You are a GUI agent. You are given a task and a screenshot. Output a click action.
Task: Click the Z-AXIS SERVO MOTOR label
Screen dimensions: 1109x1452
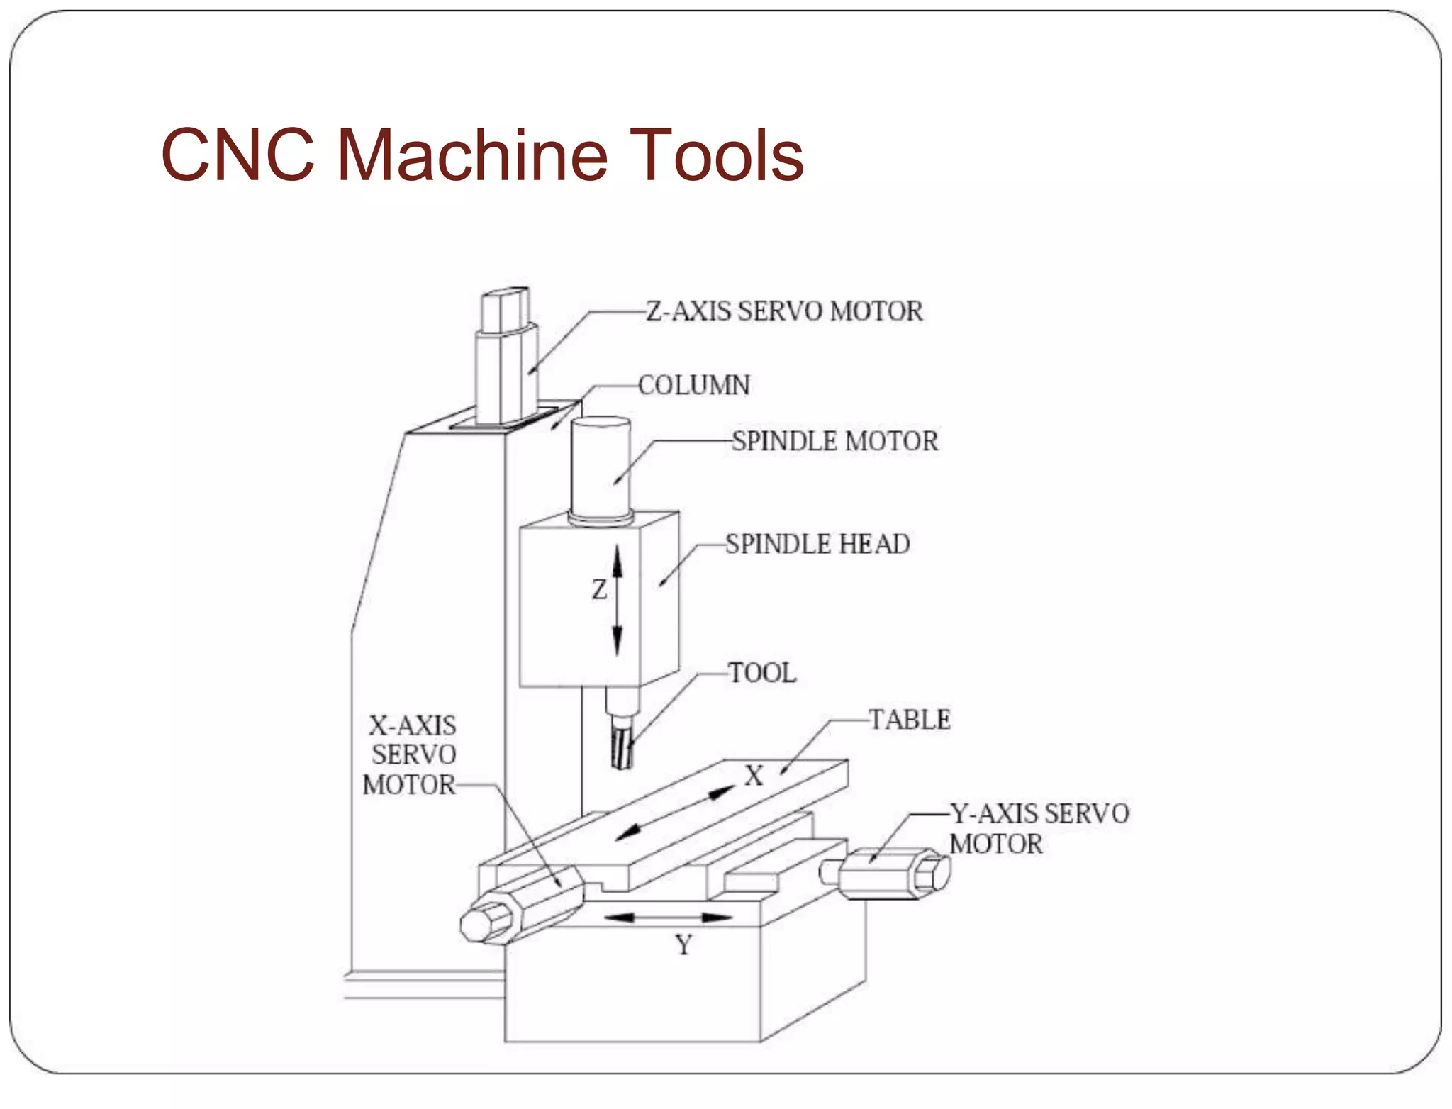coord(784,311)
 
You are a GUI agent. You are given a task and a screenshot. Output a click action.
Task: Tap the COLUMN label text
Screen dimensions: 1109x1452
coord(693,386)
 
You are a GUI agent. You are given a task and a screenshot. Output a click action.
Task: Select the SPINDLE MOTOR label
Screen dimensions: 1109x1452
coord(834,441)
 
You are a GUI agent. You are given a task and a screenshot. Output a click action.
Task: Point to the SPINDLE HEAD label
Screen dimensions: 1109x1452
coord(817,544)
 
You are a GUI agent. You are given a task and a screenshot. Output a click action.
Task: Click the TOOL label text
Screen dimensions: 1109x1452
coord(762,672)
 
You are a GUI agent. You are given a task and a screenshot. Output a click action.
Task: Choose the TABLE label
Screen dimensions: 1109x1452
coord(910,720)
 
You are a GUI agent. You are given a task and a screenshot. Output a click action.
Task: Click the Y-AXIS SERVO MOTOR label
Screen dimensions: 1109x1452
coord(1039,828)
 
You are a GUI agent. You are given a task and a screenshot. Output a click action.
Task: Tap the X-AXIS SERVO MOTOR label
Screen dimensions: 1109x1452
coord(411,755)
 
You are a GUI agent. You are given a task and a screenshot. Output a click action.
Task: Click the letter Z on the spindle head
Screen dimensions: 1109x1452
coord(600,590)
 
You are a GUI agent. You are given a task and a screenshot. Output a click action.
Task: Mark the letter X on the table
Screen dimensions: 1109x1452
coord(754,776)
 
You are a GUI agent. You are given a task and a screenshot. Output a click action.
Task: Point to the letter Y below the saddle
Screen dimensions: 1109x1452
coord(683,945)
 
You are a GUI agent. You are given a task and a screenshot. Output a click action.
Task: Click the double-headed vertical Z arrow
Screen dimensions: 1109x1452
coord(617,600)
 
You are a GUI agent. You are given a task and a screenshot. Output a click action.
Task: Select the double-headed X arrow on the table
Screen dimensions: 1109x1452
coord(675,813)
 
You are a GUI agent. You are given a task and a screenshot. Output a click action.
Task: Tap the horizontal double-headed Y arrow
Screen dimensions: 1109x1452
coord(667,918)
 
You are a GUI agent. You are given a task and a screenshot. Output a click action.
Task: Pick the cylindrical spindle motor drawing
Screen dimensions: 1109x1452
coord(601,468)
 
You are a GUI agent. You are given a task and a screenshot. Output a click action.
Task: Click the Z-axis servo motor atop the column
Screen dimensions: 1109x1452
coord(506,362)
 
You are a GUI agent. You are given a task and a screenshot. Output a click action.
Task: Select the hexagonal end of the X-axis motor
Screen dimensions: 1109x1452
coord(484,924)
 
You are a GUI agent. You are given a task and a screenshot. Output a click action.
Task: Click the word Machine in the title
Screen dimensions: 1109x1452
coord(471,155)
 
